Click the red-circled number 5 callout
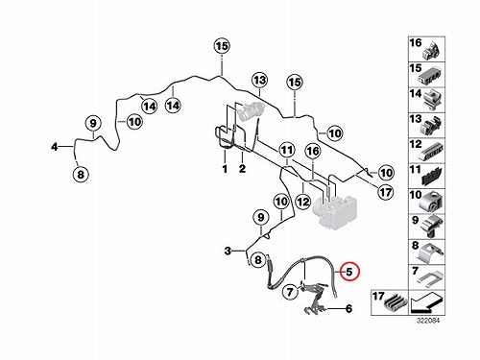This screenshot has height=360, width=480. coord(349,272)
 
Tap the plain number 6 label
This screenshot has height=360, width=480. coord(348,309)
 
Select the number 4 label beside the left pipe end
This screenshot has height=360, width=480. coord(55,147)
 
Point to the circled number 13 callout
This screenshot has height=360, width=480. coord(259,80)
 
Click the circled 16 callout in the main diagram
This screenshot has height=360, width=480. coord(313,151)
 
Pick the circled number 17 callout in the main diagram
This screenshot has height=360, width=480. coord(385,192)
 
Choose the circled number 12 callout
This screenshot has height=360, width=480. coord(302,202)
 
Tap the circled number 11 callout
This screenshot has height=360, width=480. coord(287,150)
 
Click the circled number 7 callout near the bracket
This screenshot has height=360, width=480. coord(290,292)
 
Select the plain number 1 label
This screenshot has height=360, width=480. coord(225,169)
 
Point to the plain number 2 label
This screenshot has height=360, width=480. coord(242,168)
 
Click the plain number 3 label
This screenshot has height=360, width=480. coord(228,251)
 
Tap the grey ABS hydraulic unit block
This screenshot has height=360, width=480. coord(334,210)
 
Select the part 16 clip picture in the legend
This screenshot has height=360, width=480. coord(432,51)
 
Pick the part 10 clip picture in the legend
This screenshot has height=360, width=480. coord(431,203)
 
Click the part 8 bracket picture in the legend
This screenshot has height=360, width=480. coord(430,252)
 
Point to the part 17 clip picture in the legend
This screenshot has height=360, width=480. coord(395,303)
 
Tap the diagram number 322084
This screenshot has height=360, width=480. coord(428,321)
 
